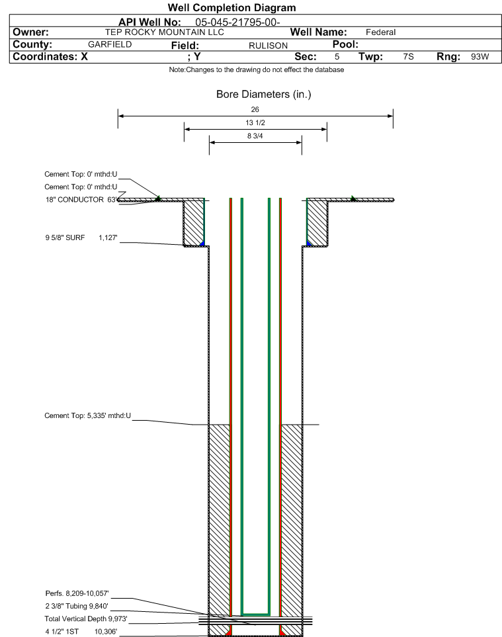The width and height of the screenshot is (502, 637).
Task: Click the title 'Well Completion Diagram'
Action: (231, 8)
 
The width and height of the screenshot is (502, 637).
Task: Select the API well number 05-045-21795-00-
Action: (238, 22)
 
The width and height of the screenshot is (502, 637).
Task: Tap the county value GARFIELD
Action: (110, 44)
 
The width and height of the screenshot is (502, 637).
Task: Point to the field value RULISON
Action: (268, 46)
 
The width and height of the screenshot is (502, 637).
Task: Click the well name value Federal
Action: (380, 32)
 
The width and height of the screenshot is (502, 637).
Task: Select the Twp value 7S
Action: (408, 57)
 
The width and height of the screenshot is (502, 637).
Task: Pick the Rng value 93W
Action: (480, 57)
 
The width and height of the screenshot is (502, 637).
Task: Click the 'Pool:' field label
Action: (345, 44)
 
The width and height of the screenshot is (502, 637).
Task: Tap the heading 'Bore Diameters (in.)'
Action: (263, 95)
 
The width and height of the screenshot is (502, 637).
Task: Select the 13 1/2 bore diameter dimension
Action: (255, 123)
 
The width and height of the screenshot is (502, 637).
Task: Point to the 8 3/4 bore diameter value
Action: (255, 136)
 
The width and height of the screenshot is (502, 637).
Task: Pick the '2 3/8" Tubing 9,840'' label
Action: (76, 605)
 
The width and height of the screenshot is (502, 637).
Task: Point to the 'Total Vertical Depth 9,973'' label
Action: (85, 618)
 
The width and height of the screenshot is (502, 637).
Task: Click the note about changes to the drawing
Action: (256, 70)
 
